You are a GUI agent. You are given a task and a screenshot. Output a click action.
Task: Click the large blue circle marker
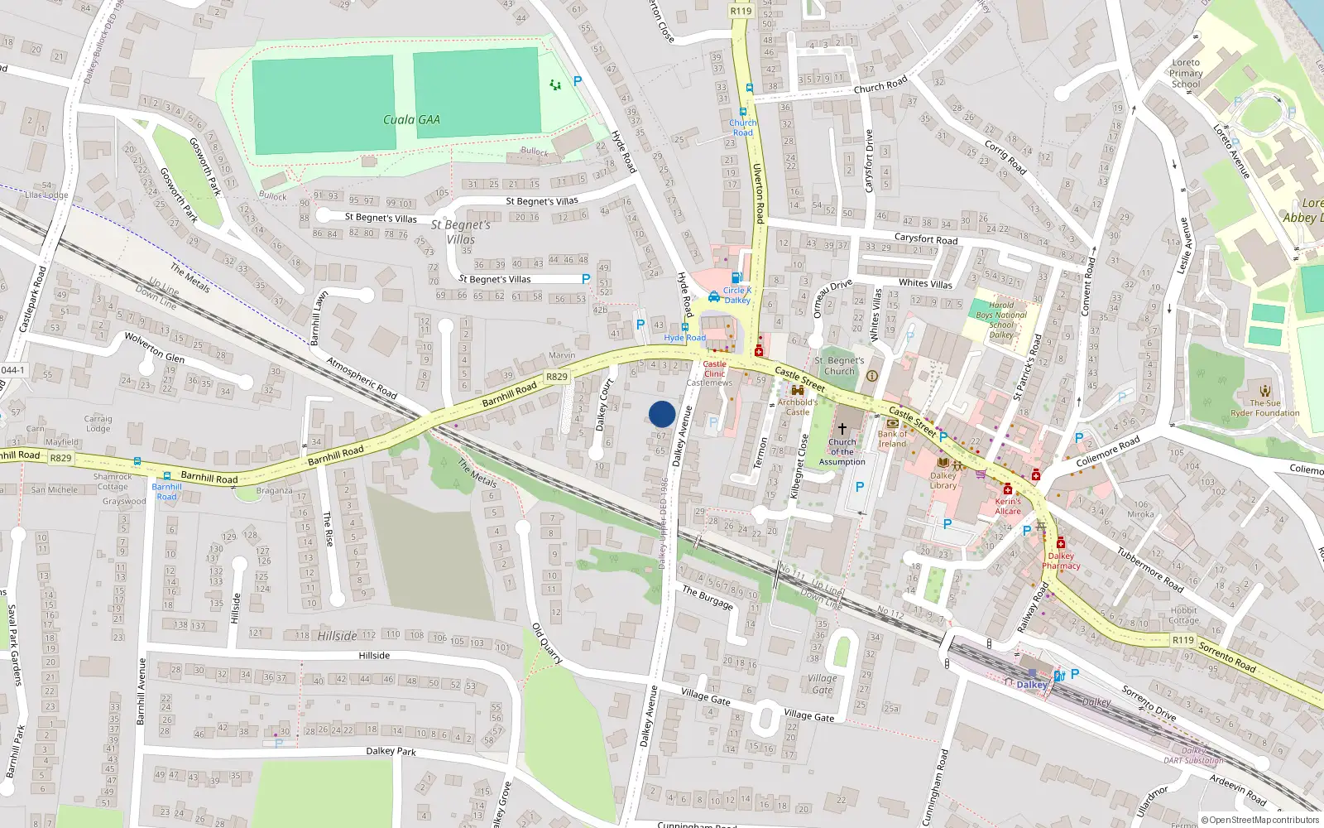click(662, 414)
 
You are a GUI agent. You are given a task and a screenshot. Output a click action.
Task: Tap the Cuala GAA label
click(411, 120)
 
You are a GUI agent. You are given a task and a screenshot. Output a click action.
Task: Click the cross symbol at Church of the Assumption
click(842, 429)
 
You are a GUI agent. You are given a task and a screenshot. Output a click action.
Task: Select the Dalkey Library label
click(943, 480)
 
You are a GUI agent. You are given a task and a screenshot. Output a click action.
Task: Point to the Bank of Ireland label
click(892, 439)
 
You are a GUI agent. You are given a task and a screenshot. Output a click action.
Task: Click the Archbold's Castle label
click(797, 407)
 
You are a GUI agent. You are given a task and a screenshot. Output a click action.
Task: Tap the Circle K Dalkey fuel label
click(736, 296)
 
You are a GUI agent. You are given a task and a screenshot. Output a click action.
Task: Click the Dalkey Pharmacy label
click(1061, 561)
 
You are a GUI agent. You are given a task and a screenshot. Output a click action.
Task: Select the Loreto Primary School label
click(1186, 73)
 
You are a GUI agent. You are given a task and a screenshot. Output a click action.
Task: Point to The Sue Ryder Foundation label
click(1264, 408)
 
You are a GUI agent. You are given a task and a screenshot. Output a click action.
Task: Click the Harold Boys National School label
click(1000, 320)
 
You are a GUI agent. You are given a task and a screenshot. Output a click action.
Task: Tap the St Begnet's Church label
click(839, 366)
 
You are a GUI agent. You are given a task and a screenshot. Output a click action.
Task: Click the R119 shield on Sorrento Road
click(1182, 640)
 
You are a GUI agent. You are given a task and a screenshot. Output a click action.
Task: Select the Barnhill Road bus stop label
click(166, 492)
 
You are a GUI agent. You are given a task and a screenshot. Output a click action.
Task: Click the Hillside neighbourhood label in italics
click(338, 636)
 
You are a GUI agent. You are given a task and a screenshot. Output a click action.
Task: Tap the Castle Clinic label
click(714, 368)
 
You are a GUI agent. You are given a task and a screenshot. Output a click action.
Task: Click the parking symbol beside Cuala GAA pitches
click(578, 81)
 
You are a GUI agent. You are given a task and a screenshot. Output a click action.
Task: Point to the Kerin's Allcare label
click(1008, 506)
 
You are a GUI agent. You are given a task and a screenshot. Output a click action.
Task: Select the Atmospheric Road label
click(362, 378)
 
